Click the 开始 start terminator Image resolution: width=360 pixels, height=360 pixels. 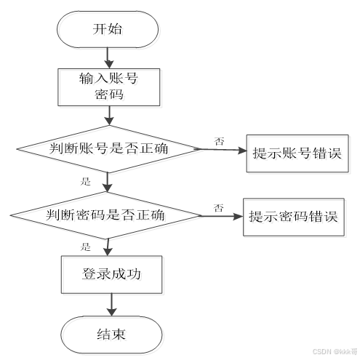pos(108,29)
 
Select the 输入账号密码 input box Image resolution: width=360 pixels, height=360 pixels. pos(108,86)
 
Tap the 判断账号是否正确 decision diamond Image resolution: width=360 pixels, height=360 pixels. pos(107,149)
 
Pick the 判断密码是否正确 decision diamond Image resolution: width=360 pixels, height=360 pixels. pos(106,215)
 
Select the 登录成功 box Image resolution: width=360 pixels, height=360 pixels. pos(109,275)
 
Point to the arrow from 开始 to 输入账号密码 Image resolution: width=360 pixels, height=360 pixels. pos(108,57)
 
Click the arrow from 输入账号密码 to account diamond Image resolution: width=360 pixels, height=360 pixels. pos(108,113)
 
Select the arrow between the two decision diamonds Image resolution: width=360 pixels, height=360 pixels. pos(108,182)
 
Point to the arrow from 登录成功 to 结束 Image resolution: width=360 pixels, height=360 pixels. pos(110,303)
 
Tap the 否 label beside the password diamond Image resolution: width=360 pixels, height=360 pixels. pos(218,208)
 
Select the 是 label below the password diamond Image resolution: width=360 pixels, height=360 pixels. pos(85,247)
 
